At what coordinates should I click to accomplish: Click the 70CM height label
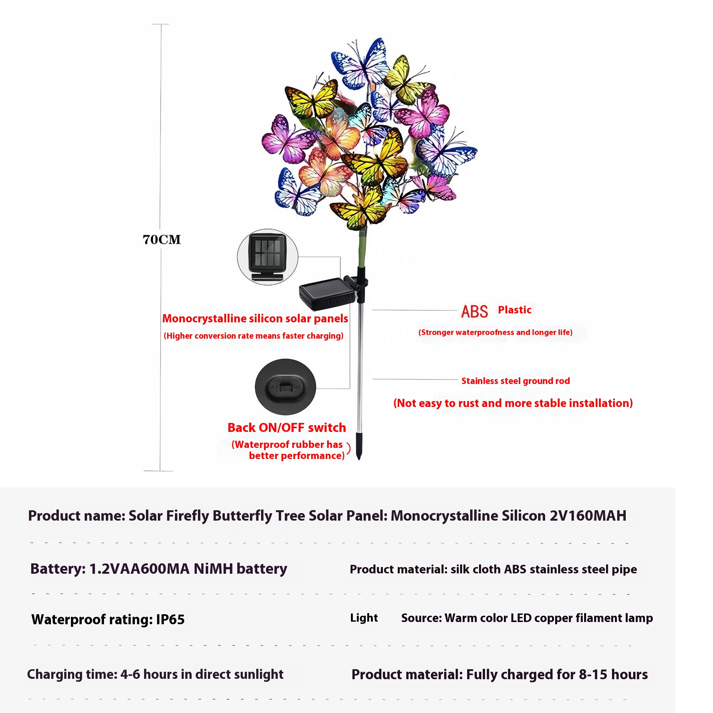tap(162, 240)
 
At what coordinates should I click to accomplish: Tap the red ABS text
tap(474, 311)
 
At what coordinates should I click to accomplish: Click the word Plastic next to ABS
tap(514, 310)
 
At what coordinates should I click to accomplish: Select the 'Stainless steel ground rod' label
tap(515, 381)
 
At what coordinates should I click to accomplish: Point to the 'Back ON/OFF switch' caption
tap(287, 427)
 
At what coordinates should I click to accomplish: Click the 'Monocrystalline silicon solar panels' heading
tap(255, 318)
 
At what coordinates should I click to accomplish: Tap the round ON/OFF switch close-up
tap(285, 387)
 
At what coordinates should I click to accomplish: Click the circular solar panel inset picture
tap(267, 257)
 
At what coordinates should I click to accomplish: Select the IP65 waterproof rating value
tap(170, 619)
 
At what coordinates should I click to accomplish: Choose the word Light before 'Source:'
tap(364, 618)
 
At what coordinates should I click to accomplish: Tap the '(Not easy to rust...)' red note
tap(513, 403)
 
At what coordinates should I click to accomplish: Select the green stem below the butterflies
tap(362, 247)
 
